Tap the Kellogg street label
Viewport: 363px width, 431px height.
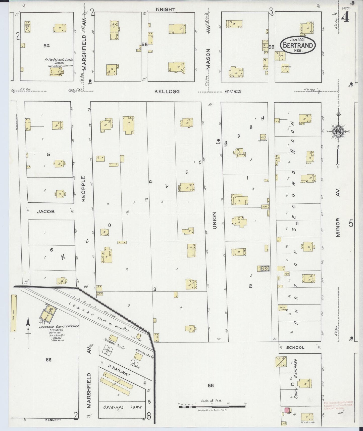click(x=167, y=92)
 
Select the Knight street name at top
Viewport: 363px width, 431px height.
click(x=165, y=10)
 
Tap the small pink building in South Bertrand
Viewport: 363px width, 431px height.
click(x=286, y=410)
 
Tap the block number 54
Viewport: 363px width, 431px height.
click(x=46, y=46)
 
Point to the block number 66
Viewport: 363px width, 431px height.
click(x=48, y=360)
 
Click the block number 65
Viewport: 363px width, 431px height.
click(x=211, y=385)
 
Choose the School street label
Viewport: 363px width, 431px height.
click(x=295, y=348)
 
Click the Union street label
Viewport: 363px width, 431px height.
click(x=215, y=220)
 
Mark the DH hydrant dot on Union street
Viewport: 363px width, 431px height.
click(x=218, y=140)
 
